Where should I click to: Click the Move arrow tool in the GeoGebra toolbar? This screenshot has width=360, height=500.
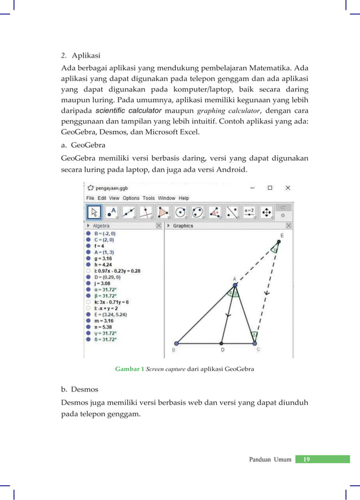[94, 212]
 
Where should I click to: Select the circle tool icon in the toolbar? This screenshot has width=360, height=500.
[181, 212]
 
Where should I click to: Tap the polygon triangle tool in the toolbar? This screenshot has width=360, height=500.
[164, 212]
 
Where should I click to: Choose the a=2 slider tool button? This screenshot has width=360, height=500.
[249, 212]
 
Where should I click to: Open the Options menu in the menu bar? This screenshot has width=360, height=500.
[131, 198]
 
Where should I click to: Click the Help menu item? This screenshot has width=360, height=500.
[184, 198]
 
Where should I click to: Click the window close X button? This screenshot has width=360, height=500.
[288, 187]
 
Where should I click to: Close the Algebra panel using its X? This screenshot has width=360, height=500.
[159, 226]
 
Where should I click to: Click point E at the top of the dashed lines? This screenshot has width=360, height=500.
[278, 242]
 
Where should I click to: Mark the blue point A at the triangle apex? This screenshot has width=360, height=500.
[235, 284]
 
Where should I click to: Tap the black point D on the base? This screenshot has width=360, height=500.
[222, 343]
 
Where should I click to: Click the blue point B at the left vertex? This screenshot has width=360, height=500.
[177, 343]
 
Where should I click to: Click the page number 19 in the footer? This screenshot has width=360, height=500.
[306, 459]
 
